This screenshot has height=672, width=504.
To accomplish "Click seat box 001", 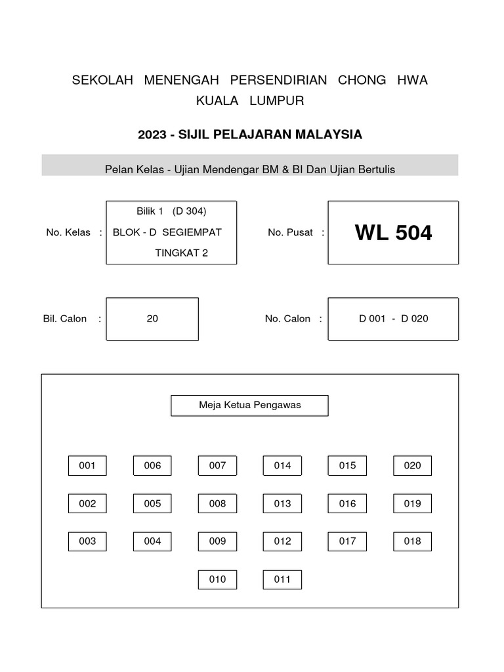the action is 87,465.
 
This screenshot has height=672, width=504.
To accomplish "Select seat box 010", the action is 217,579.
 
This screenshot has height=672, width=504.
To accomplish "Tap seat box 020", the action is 413,465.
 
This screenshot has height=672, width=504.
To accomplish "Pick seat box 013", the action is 282,503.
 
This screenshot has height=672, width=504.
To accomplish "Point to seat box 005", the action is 152,503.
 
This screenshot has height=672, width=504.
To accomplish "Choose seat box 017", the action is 348,541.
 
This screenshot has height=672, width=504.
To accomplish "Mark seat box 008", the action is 217,503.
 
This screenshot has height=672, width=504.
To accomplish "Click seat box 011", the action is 282,579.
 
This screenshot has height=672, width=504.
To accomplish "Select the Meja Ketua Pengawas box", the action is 249,405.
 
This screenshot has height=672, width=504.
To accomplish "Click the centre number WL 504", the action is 393,233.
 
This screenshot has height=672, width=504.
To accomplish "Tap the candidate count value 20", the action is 152,319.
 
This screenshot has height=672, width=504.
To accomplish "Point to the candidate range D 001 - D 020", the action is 393,319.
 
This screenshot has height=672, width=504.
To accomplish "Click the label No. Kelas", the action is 68,233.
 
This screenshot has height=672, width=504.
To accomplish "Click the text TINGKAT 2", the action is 181,253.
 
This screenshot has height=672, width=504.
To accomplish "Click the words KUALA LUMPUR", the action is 250,101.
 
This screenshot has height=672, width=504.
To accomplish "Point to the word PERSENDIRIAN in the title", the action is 278,80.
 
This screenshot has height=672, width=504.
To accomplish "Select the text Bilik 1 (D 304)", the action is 171,211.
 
